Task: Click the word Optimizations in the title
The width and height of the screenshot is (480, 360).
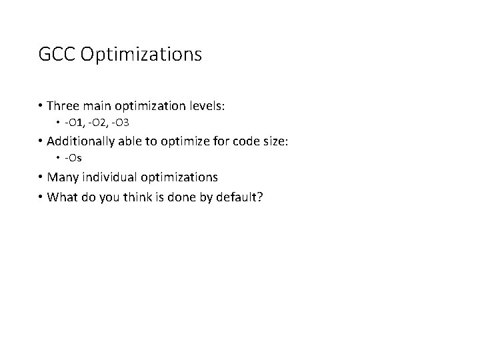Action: click(x=141, y=55)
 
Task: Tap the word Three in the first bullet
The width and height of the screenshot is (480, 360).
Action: click(x=65, y=106)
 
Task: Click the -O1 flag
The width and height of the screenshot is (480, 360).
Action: click(x=75, y=124)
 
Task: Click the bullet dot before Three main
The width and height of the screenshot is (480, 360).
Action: click(x=42, y=106)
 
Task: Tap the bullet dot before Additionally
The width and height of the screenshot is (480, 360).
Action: click(x=42, y=141)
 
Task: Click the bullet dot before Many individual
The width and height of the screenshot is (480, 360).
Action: click(x=42, y=177)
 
